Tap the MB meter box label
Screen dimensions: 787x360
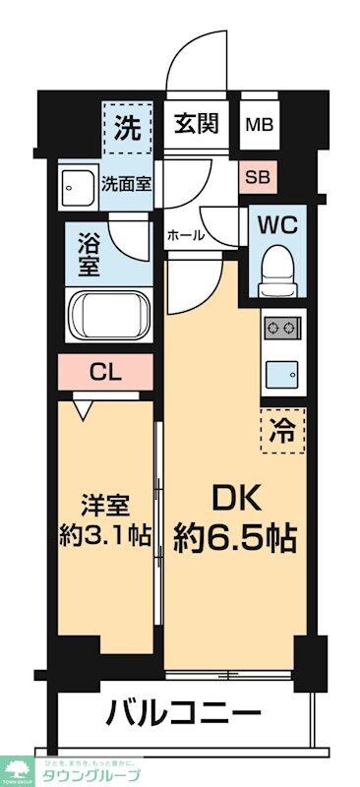point(261,125)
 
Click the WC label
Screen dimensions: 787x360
point(278,223)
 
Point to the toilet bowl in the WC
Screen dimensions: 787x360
point(278,264)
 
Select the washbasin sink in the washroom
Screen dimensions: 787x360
point(78,184)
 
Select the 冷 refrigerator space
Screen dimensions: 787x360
point(281,429)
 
